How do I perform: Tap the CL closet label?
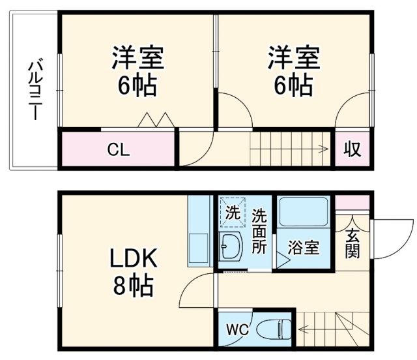tap(119, 150)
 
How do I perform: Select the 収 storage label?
tap(352, 149)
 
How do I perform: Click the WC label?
tap(237, 329)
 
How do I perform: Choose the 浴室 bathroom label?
tap(304, 248)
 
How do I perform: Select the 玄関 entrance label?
tap(352, 243)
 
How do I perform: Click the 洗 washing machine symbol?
tap(233, 211)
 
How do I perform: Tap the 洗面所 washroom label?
tap(259, 230)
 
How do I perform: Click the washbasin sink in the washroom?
tap(231, 246)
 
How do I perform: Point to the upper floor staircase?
tap(291, 149)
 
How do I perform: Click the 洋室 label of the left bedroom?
tap(137, 57)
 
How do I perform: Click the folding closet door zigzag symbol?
tap(155, 120)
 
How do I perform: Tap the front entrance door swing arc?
tap(391, 238)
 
